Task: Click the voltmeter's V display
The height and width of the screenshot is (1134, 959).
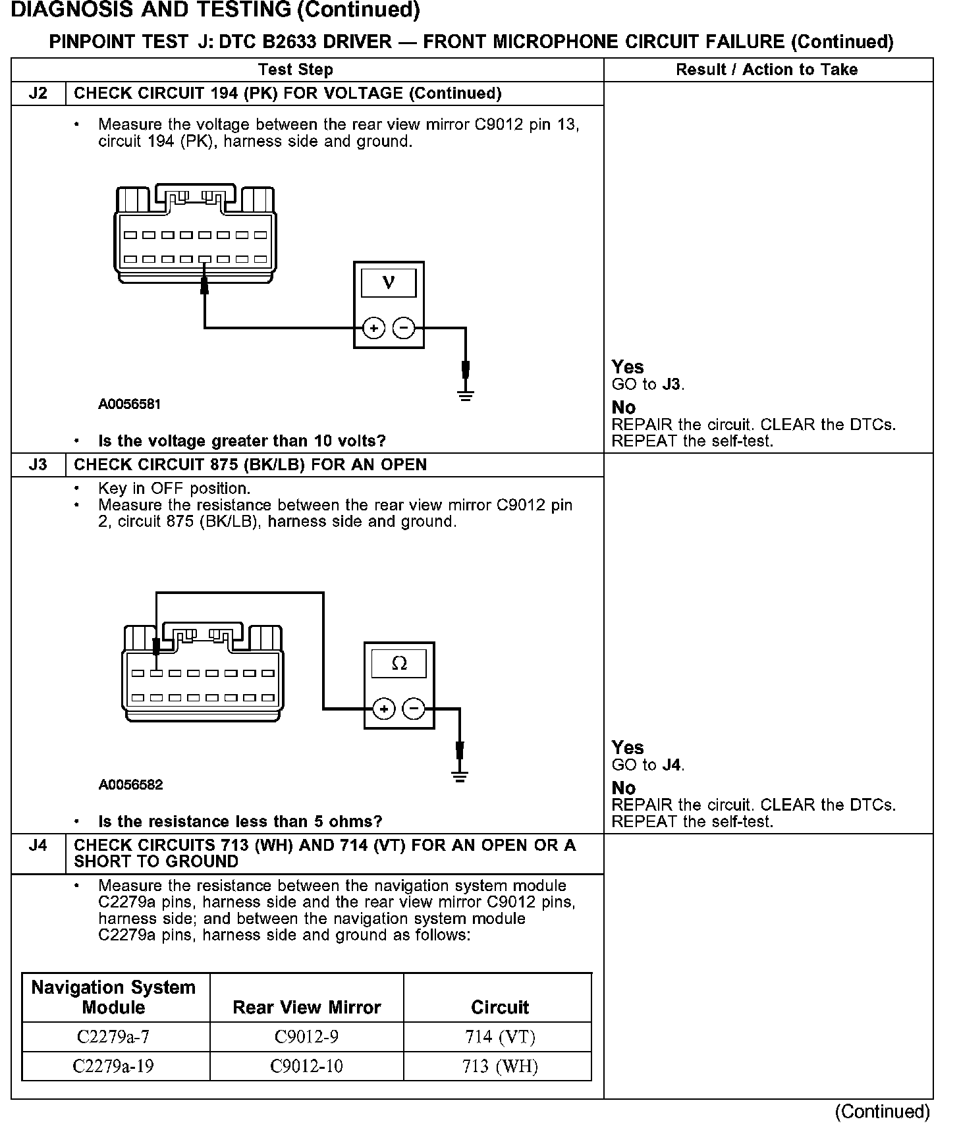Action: tap(389, 283)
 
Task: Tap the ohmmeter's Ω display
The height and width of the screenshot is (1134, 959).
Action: tap(399, 664)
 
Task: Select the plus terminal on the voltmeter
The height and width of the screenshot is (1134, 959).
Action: tap(373, 327)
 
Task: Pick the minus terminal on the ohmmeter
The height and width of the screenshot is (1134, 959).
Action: tap(414, 709)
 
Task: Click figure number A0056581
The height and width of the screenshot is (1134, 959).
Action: tap(130, 404)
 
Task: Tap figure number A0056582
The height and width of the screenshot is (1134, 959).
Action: tap(130, 785)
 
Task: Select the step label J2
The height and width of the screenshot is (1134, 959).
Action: tap(38, 94)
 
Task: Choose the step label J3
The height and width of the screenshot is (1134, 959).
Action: tap(38, 465)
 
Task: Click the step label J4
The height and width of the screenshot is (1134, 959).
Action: tap(38, 846)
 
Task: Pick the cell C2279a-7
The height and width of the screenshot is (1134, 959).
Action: tap(113, 1037)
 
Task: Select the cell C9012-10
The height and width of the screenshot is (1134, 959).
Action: tap(306, 1066)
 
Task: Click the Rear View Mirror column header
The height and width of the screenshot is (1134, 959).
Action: tap(306, 1007)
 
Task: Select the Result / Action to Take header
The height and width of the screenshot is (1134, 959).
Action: tap(767, 70)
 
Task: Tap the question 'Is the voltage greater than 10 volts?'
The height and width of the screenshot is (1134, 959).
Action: tap(242, 441)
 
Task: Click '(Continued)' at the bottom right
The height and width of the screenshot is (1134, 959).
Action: tap(883, 1112)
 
